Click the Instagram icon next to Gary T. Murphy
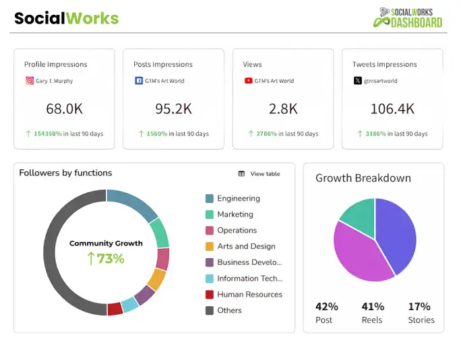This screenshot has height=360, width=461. pos(30,81)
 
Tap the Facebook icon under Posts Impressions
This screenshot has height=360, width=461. pos(139,81)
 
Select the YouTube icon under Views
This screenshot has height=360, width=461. pos(248,81)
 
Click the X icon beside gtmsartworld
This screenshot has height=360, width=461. pos(357,81)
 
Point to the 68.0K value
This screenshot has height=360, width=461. pos(64,109)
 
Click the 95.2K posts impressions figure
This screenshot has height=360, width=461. pos(173,109)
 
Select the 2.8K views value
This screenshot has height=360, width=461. pos(282,109)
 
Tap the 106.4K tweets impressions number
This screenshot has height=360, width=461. pos(392,109)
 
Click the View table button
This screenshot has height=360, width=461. pos(259,174)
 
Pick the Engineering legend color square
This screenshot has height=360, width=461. pos(210,199)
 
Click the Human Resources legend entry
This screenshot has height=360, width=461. pos(249,295)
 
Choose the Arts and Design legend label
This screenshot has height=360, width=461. pos(246,247)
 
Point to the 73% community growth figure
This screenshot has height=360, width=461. pos(106,258)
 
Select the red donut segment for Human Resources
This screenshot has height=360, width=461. pos(115,308)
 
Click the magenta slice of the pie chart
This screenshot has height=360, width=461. pos(357,253)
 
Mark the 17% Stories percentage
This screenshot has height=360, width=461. pos(419,306)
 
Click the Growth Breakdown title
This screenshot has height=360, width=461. pos(363,179)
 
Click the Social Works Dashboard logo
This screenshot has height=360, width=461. pos(408,18)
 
